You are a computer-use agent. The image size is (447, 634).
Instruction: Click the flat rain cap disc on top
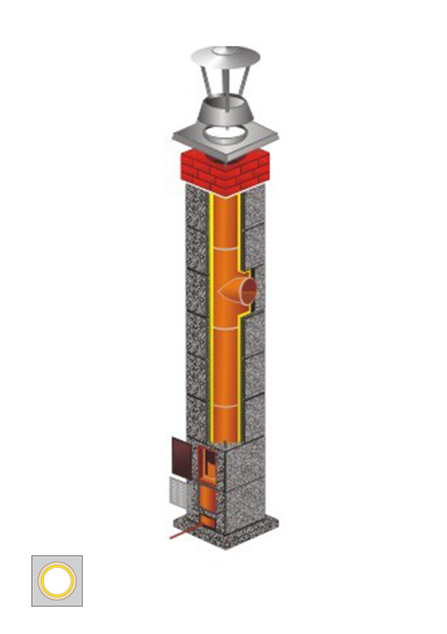(221, 57)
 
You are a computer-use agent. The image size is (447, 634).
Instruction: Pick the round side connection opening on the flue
(248, 290)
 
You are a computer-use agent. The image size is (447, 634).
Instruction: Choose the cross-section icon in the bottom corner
(57, 580)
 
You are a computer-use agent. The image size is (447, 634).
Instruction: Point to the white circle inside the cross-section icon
(57, 581)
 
